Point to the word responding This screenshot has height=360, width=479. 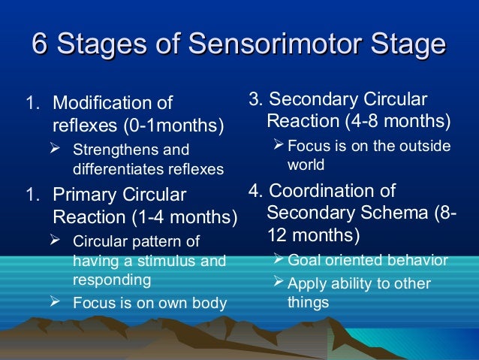point(111,280)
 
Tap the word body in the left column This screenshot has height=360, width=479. point(211,304)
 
